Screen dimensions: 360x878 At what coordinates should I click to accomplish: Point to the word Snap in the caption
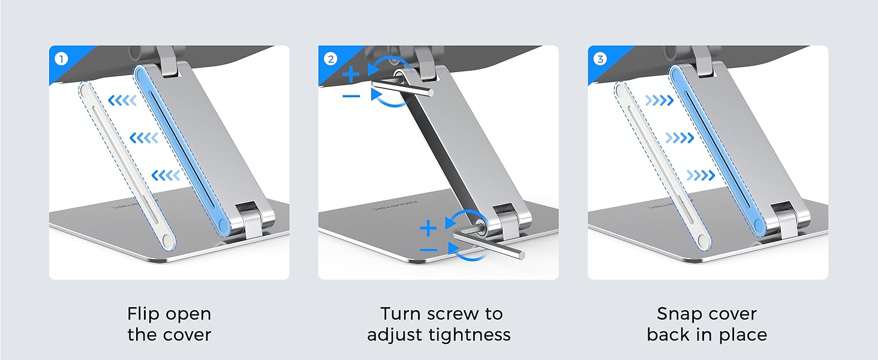click(678, 314)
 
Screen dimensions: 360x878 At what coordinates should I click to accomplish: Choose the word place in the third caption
click(743, 334)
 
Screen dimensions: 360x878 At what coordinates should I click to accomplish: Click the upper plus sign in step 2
click(352, 75)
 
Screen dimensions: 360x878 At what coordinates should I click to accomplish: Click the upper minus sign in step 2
click(352, 96)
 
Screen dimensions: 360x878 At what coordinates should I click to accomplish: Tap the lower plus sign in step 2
click(428, 229)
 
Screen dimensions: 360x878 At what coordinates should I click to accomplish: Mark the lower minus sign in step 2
click(428, 249)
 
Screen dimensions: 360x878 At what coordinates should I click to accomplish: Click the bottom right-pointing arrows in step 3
click(700, 175)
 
